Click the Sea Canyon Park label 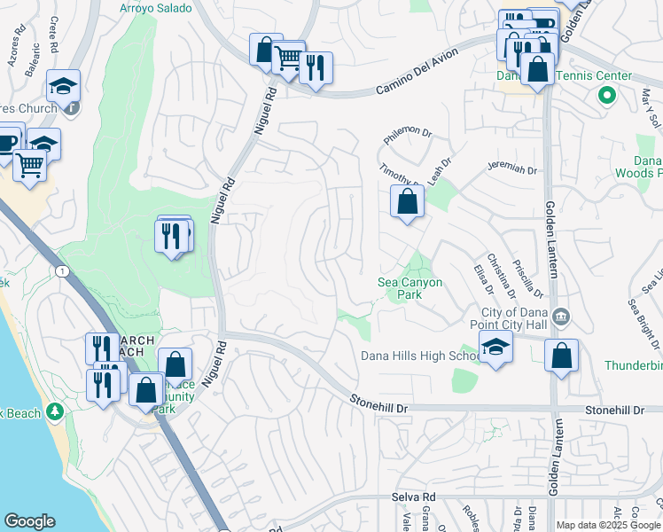(x=409, y=288)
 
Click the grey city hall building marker (x=560, y=317)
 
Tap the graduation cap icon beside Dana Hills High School (x=495, y=348)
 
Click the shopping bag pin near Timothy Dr (x=407, y=201)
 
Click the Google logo (x=29, y=521)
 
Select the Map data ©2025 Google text (x=608, y=525)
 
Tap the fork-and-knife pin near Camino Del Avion (x=316, y=67)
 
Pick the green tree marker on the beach (x=55, y=411)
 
